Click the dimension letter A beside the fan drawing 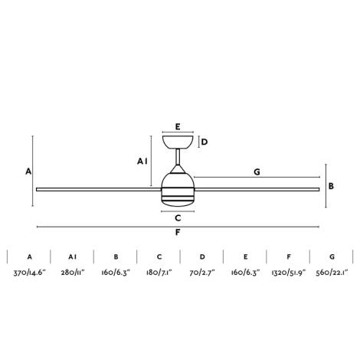(28, 172)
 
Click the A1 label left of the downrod (142, 161)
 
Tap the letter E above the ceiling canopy (177, 126)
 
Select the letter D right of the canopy (205, 142)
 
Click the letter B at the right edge (331, 185)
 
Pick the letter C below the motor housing (177, 218)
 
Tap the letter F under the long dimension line (178, 233)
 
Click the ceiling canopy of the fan (178, 142)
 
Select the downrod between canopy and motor (178, 159)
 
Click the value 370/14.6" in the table (29, 273)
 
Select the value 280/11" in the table (73, 273)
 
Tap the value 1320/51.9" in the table (289, 273)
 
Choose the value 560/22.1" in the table (332, 273)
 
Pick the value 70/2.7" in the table (203, 273)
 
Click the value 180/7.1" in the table (159, 273)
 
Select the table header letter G (332, 257)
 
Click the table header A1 (73, 257)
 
